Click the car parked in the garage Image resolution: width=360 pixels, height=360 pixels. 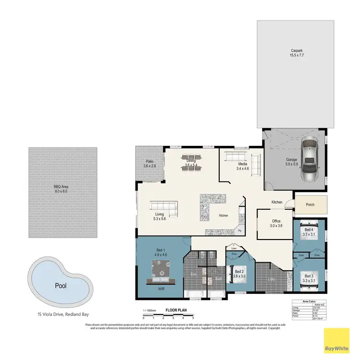point(310,159)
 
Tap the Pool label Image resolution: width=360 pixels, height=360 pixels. point(60,286)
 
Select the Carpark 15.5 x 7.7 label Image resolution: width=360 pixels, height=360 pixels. point(297,53)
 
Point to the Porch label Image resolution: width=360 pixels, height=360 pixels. point(310,204)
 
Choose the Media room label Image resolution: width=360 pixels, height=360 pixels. point(242,166)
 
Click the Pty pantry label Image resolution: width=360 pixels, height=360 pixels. point(240,231)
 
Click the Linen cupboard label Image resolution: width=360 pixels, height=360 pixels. point(234,248)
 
